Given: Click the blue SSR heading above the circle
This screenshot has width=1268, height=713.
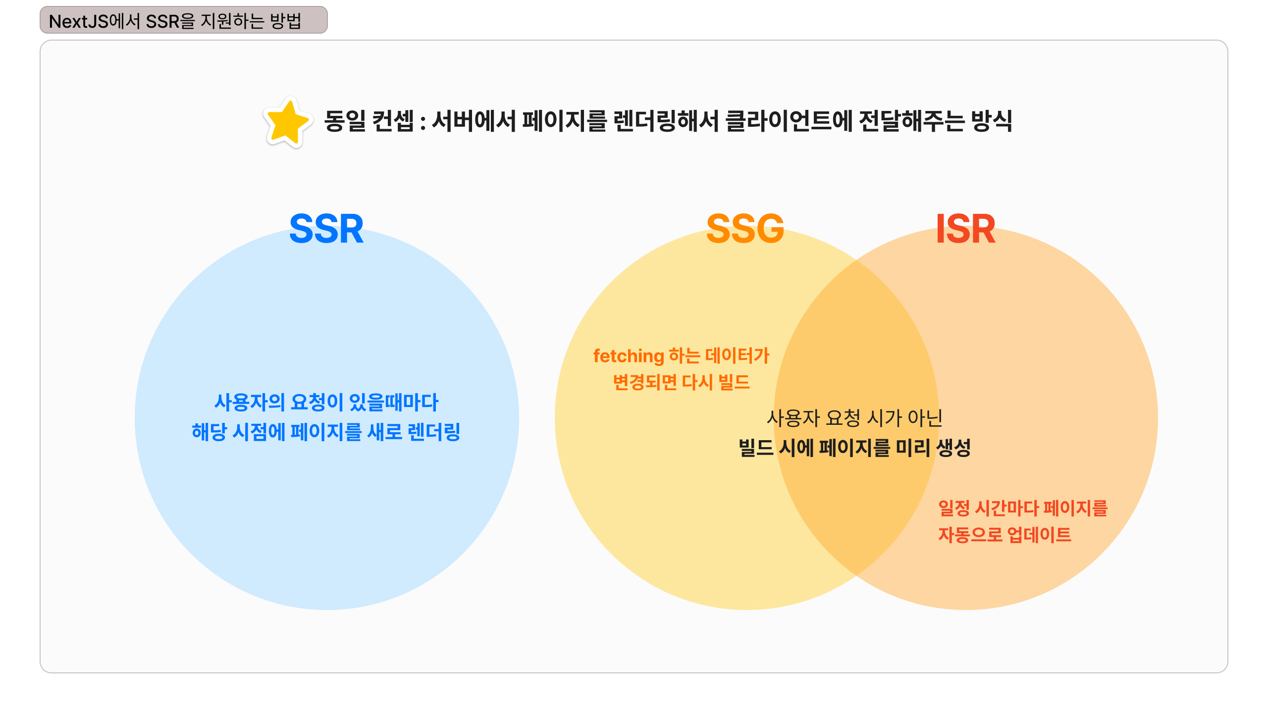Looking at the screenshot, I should click(x=326, y=229).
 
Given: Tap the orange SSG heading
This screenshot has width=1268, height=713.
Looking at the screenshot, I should click(x=745, y=229).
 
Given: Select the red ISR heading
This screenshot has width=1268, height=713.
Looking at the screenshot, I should click(x=965, y=229).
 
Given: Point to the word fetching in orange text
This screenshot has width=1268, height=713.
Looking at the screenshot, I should click(x=628, y=356).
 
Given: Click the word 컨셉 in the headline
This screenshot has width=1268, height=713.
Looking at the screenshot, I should click(x=393, y=121).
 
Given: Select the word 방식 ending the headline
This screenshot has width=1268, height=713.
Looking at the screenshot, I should click(x=991, y=121).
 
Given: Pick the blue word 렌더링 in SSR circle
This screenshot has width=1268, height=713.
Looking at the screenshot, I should click(x=434, y=432).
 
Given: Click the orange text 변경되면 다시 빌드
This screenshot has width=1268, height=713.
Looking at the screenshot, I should click(x=681, y=382).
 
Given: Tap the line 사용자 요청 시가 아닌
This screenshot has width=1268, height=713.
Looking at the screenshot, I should click(x=854, y=418).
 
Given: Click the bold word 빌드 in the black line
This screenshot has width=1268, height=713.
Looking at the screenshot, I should click(x=756, y=448).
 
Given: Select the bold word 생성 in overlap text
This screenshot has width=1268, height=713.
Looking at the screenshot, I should click(x=953, y=448).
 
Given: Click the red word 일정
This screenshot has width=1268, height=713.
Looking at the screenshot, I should click(x=954, y=509).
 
